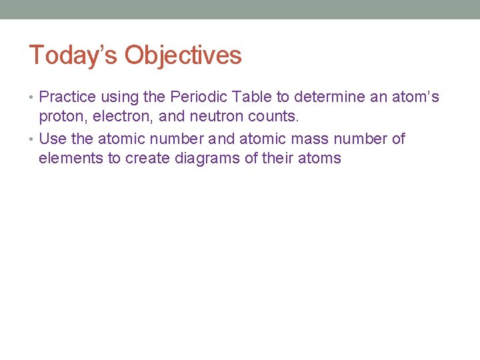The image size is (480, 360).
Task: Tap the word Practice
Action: click(x=68, y=97)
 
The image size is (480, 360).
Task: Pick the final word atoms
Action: click(x=319, y=159)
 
